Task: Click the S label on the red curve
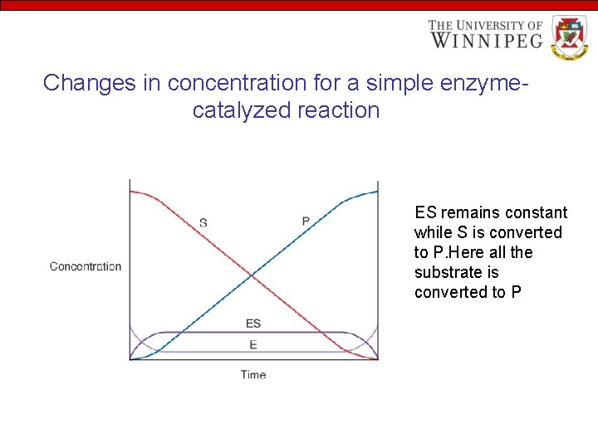[203, 222]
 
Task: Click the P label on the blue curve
[306, 221]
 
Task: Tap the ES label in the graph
[253, 323]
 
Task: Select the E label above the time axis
[253, 344]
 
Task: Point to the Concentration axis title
[86, 266]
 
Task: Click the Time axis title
[253, 374]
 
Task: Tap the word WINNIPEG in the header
[486, 40]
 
